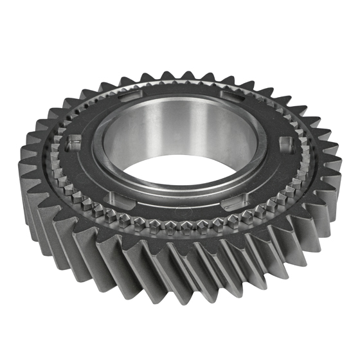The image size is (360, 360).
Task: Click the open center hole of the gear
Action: point(172,170)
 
